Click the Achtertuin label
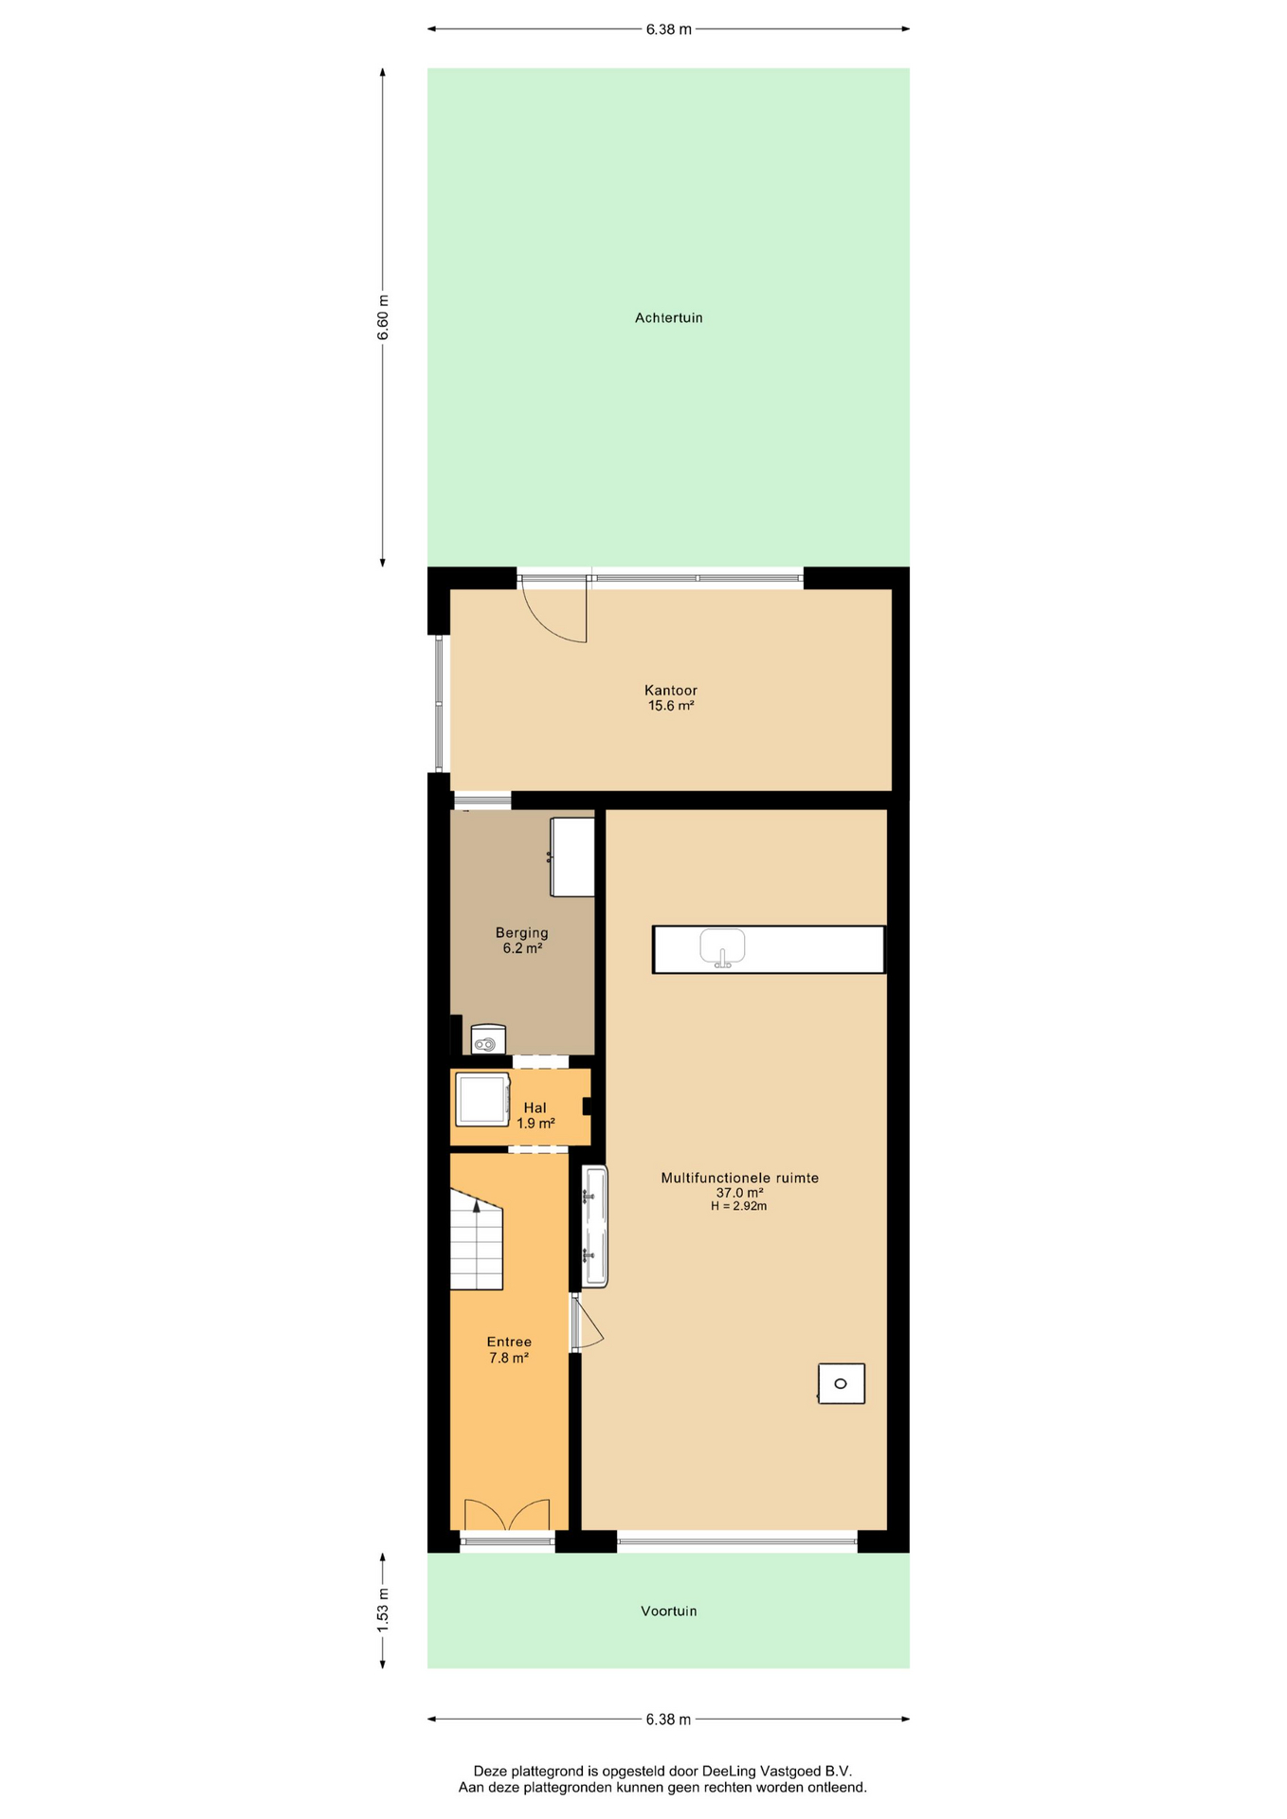click(x=668, y=318)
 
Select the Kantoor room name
click(x=670, y=691)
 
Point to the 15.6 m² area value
click(x=670, y=706)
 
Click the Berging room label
click(x=521, y=933)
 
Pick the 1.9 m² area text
click(x=535, y=1124)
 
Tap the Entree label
click(x=509, y=1342)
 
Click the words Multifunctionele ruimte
click(x=739, y=1179)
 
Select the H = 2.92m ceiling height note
click(x=738, y=1207)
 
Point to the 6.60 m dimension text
click(x=383, y=317)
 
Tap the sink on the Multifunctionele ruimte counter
click(x=722, y=947)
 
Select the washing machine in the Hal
click(x=482, y=1099)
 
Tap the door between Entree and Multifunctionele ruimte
click(x=585, y=1324)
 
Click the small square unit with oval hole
click(x=841, y=1383)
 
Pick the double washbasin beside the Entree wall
click(x=594, y=1227)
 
